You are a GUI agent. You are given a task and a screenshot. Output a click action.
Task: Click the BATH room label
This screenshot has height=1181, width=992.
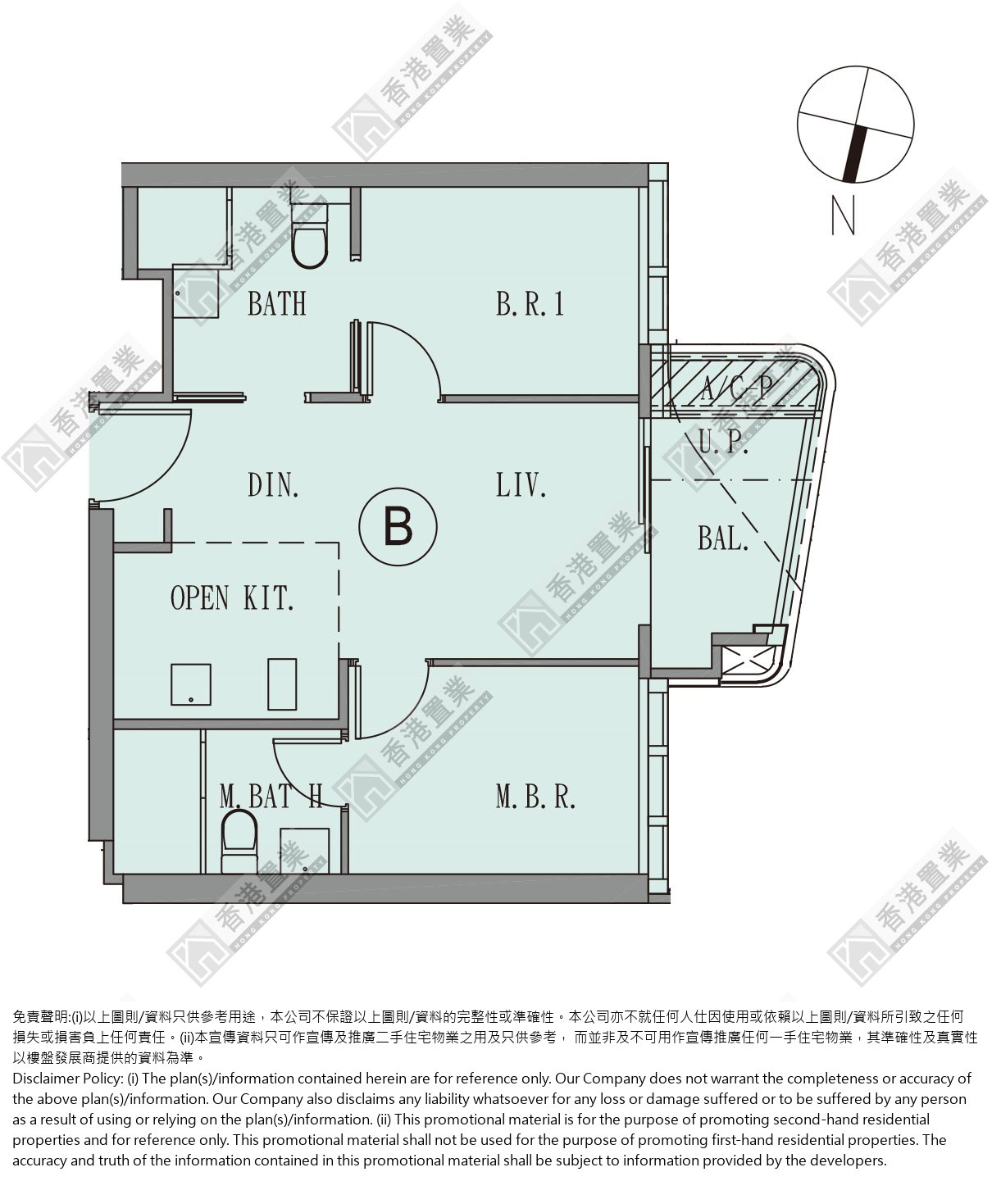(x=277, y=304)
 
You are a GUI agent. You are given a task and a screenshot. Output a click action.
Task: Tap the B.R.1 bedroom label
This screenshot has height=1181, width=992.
(x=530, y=304)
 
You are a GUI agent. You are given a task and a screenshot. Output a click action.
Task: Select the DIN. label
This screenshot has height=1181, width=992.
(x=273, y=485)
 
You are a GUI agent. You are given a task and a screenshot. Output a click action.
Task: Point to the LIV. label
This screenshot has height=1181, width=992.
(x=521, y=485)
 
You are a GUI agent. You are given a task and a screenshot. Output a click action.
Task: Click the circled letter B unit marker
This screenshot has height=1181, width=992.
(x=398, y=527)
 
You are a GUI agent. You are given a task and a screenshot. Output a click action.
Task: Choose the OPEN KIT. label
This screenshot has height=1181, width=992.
(x=232, y=597)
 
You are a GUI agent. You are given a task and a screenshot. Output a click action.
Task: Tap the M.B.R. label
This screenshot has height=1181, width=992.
(x=535, y=797)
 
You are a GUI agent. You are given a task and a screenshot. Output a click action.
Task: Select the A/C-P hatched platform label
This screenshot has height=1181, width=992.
(x=736, y=388)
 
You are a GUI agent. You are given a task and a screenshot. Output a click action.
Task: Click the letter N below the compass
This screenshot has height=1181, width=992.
(x=843, y=215)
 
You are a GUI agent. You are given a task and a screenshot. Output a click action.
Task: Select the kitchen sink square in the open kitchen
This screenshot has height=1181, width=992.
(x=191, y=684)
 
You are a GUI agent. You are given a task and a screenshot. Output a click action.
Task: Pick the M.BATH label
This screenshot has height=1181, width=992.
(x=271, y=797)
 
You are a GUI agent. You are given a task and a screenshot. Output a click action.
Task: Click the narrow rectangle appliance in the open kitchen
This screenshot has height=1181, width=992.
(x=282, y=684)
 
